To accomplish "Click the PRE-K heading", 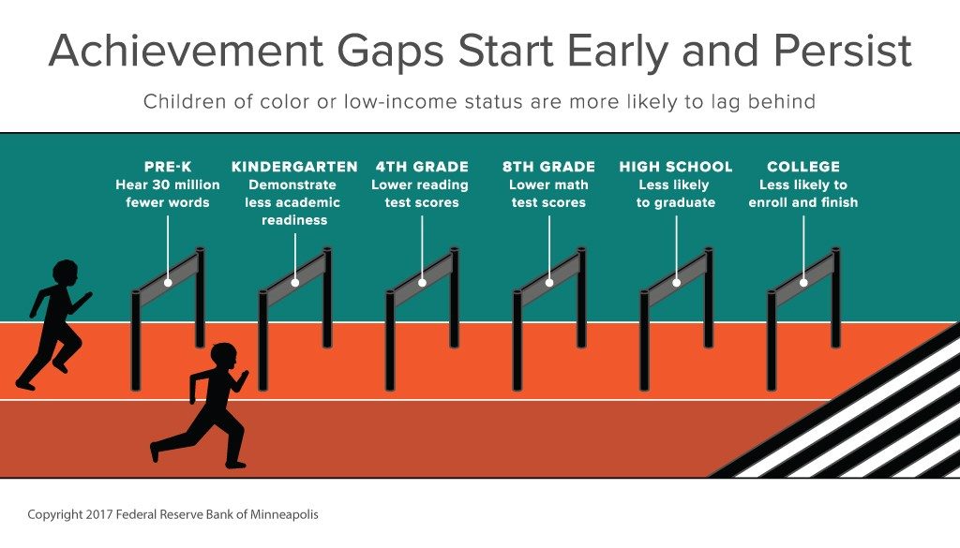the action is coord(168,167).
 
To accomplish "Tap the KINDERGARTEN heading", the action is coord(294,167).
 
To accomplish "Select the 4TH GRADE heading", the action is coord(422,167).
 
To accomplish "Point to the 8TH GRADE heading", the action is coord(548,167).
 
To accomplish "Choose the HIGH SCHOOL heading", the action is coord(676,167).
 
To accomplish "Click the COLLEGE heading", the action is coord(803,167).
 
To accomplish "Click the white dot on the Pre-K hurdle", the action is coord(168,283).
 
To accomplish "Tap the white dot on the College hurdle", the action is coord(803,283).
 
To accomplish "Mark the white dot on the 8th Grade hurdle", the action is coord(549,283).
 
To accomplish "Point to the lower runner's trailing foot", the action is coord(155,452).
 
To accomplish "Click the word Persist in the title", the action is coord(843,51).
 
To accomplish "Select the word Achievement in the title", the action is coord(186,51).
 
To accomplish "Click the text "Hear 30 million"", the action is coord(168,185).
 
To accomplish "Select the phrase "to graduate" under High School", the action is coord(676,202).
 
